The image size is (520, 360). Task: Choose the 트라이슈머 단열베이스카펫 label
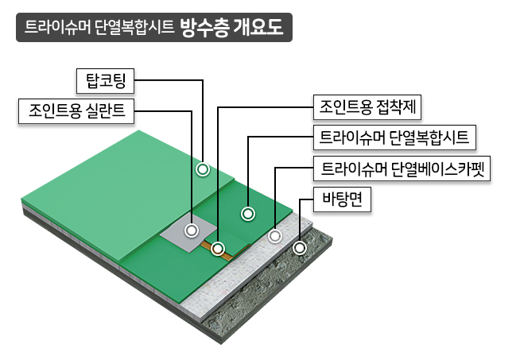[x=402, y=168]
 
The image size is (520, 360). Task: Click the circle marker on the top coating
[x=203, y=169]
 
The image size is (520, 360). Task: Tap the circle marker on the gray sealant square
[x=191, y=230]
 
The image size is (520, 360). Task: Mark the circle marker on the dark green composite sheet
[x=248, y=214]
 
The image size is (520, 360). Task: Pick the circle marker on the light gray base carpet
[x=275, y=236]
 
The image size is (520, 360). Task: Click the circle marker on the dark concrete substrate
[x=299, y=248]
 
